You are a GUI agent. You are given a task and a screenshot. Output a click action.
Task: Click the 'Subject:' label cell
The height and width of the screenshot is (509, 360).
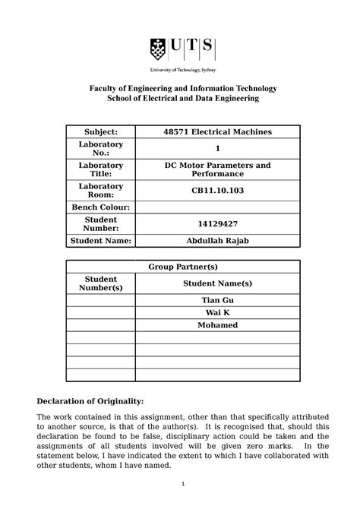[102, 132]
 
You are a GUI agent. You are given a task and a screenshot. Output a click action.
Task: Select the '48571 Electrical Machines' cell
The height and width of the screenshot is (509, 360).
[217, 132]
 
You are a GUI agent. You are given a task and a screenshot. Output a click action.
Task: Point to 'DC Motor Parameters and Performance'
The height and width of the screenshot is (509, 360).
[217, 170]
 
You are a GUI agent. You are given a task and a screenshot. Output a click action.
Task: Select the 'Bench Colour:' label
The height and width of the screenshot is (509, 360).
[102, 207]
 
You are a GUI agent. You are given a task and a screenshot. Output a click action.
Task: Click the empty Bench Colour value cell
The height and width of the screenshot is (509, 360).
[217, 207]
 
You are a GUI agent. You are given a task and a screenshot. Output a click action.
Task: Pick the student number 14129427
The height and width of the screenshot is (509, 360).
[217, 225]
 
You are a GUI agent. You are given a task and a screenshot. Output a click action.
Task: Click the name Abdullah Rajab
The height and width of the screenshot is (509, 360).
[217, 242]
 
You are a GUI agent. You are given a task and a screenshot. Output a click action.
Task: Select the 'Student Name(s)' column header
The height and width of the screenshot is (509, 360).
[217, 283]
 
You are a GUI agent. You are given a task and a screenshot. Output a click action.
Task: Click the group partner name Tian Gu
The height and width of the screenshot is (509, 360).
[217, 302]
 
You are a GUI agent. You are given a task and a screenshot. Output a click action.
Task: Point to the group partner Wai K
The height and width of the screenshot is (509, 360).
[217, 313]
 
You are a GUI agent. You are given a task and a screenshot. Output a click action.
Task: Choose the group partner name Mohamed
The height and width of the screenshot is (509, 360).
[217, 325]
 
